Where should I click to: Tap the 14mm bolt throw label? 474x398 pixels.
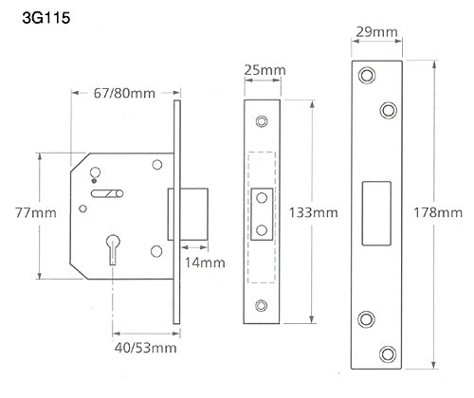(x=204, y=262)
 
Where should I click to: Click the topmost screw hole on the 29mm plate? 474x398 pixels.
(x=366, y=74)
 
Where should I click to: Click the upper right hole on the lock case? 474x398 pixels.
(x=155, y=165)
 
